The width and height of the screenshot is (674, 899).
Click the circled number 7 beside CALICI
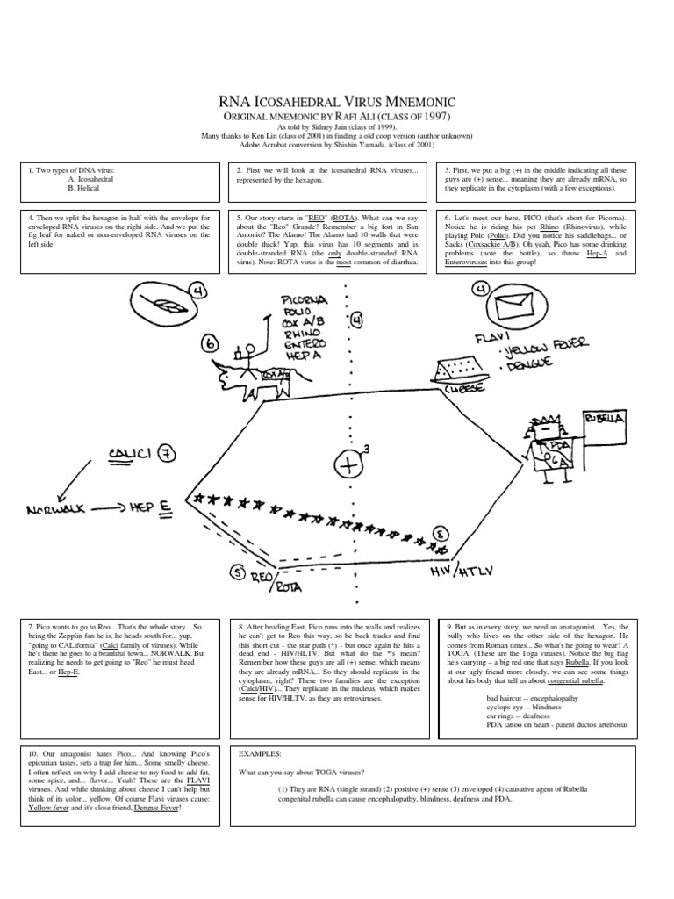[167, 453]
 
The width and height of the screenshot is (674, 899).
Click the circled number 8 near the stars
[440, 533]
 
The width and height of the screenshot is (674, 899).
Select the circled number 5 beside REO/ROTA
[236, 572]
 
